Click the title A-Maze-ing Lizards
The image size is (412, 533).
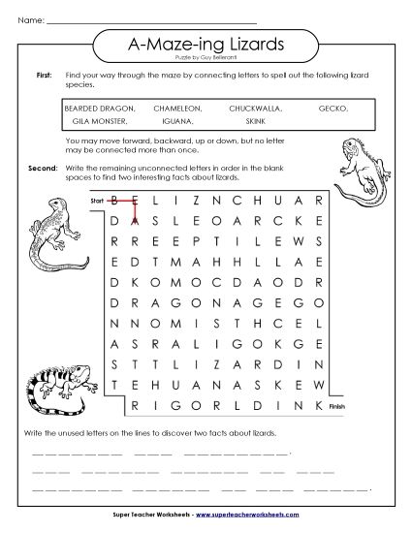(206, 44)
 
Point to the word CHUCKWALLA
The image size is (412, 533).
(255, 109)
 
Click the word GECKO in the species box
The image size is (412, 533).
(333, 109)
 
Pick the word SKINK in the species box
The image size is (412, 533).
(255, 122)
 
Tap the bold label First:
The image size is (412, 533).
(44, 75)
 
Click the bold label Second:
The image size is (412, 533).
(41, 168)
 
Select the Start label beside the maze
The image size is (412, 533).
(96, 201)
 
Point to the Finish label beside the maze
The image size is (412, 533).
(337, 408)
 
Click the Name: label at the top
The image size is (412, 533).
(32, 19)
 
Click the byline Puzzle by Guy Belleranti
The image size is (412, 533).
(206, 58)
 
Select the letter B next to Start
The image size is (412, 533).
(115, 202)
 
